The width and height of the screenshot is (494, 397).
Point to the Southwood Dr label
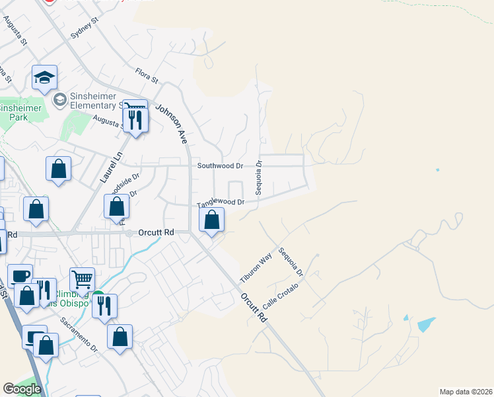(x=221, y=165)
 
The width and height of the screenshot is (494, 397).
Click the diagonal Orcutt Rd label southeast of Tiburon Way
(x=254, y=308)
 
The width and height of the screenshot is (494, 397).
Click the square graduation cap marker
(x=44, y=78)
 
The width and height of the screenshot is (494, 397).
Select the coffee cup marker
(x=20, y=276)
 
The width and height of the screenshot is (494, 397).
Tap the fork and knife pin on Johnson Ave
(x=135, y=119)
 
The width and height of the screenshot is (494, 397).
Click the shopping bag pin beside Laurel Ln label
(x=58, y=169)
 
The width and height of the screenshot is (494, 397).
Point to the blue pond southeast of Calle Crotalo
(x=426, y=324)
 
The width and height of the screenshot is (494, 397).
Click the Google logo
(x=22, y=389)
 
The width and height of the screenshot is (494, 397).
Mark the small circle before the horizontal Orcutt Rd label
(x=130, y=232)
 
